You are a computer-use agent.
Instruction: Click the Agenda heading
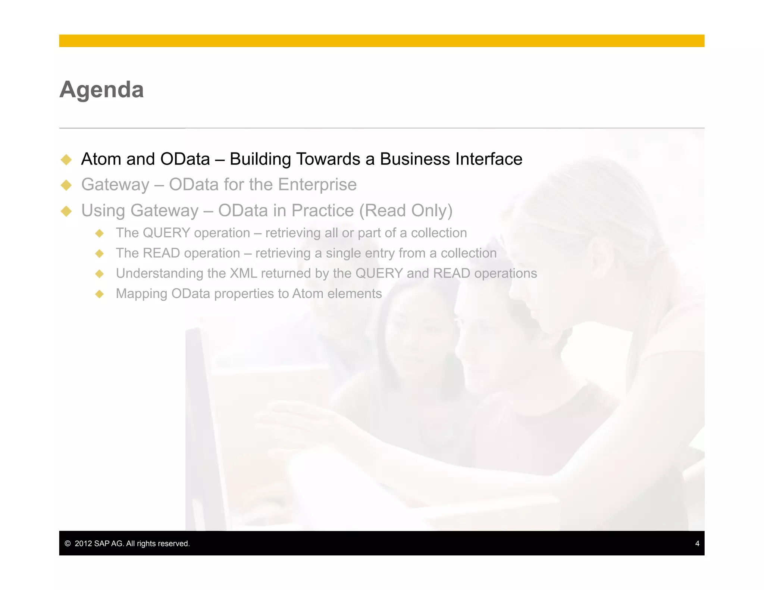101,90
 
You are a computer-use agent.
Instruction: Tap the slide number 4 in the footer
697,543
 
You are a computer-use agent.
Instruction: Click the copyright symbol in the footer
68,543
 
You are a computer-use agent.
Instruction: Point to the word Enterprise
317,185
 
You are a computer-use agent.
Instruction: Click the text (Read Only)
406,211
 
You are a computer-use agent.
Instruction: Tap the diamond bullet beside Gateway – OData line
66,185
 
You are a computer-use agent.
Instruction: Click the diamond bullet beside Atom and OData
66,160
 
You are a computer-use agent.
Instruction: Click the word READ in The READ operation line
161,253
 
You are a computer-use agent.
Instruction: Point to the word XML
243,273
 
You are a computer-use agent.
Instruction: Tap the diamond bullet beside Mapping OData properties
99,294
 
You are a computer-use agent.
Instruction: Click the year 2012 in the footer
83,543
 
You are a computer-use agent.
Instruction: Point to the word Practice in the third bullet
322,211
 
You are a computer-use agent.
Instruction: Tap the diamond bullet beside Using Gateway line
66,211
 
